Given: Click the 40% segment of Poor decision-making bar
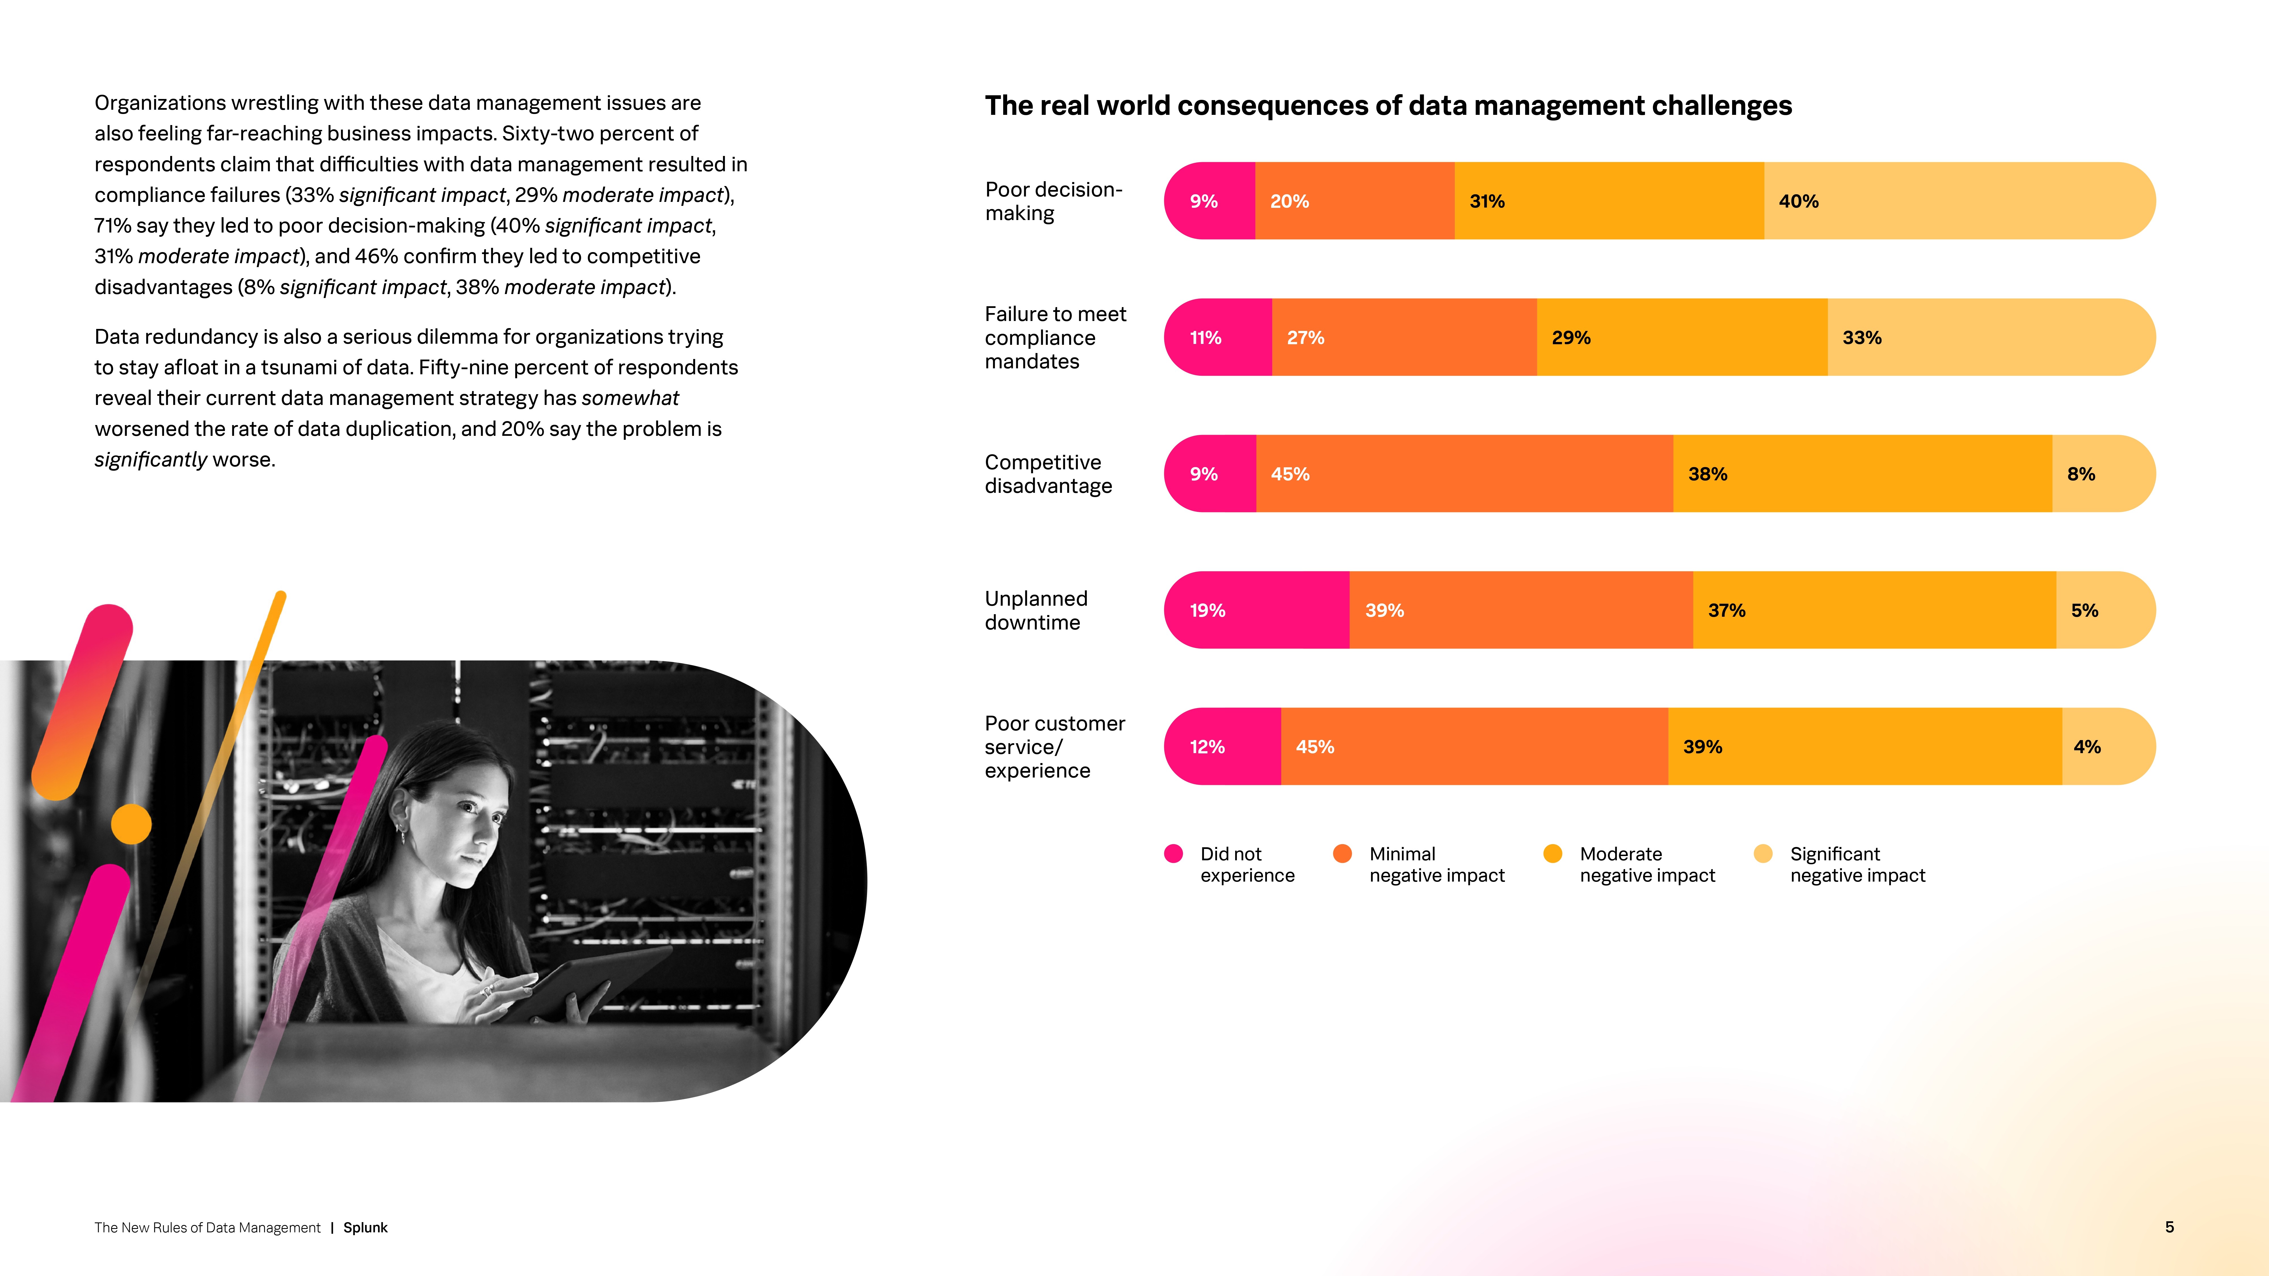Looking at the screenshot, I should tap(1955, 201).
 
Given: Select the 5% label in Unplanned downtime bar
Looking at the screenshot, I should tap(2084, 610).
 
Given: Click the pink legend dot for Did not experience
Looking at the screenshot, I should tap(1173, 853).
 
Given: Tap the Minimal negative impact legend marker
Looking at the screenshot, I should tap(1342, 853).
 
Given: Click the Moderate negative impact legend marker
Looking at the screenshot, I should tap(1553, 853).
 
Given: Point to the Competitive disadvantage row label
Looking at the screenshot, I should tap(1048, 474).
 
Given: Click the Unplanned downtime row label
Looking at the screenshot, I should tap(1036, 610).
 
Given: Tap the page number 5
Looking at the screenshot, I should tap(2169, 1227).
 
